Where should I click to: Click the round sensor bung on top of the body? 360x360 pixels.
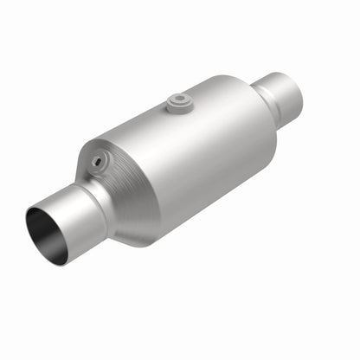[178, 103]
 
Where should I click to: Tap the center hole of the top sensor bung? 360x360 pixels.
[178, 100]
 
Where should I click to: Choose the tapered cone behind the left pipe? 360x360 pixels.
[121, 190]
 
